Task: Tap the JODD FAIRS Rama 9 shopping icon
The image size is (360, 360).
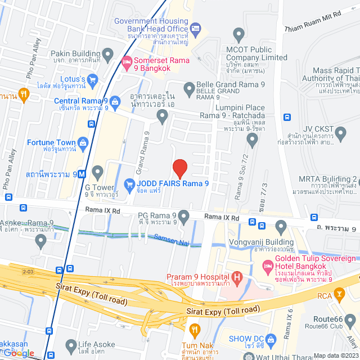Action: coord(129,183)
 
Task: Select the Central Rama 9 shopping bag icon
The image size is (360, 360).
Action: coord(115,102)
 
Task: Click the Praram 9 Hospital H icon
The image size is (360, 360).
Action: coord(237,277)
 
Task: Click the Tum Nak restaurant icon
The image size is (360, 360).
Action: coord(195,330)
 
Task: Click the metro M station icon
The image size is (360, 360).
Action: coord(82,174)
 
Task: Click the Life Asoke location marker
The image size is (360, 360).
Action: coord(71,344)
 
